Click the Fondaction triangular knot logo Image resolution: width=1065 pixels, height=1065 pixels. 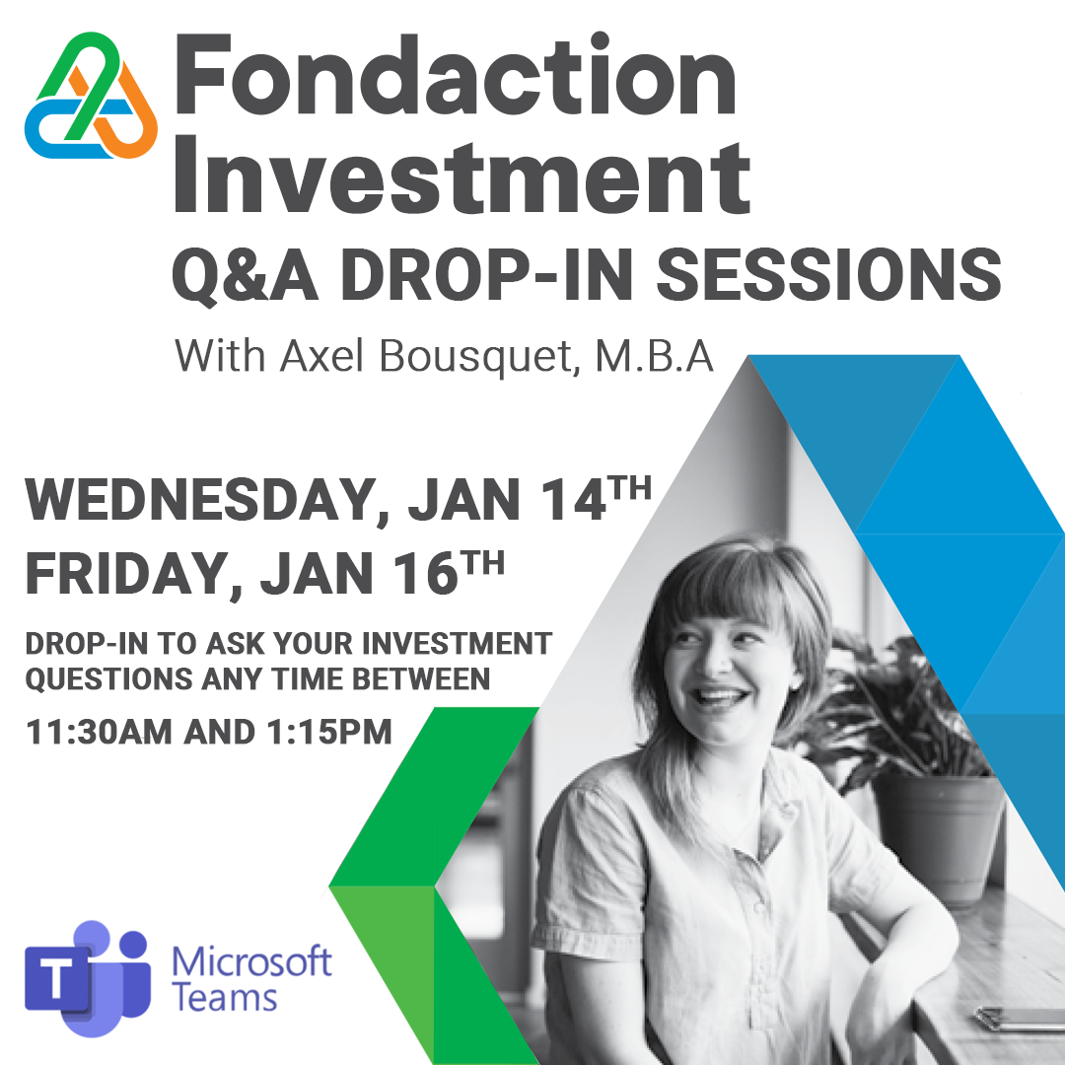91,95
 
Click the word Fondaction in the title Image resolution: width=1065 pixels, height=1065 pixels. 455,74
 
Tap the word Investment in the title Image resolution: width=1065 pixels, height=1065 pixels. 462,175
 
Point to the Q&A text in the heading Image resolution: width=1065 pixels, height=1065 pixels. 245,274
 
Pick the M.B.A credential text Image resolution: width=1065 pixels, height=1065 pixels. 655,355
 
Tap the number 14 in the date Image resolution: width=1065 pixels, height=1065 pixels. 571,499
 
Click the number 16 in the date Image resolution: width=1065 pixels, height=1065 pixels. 424,573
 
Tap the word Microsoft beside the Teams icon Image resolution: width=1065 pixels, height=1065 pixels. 251,961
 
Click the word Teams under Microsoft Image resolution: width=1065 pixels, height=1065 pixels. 224,998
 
